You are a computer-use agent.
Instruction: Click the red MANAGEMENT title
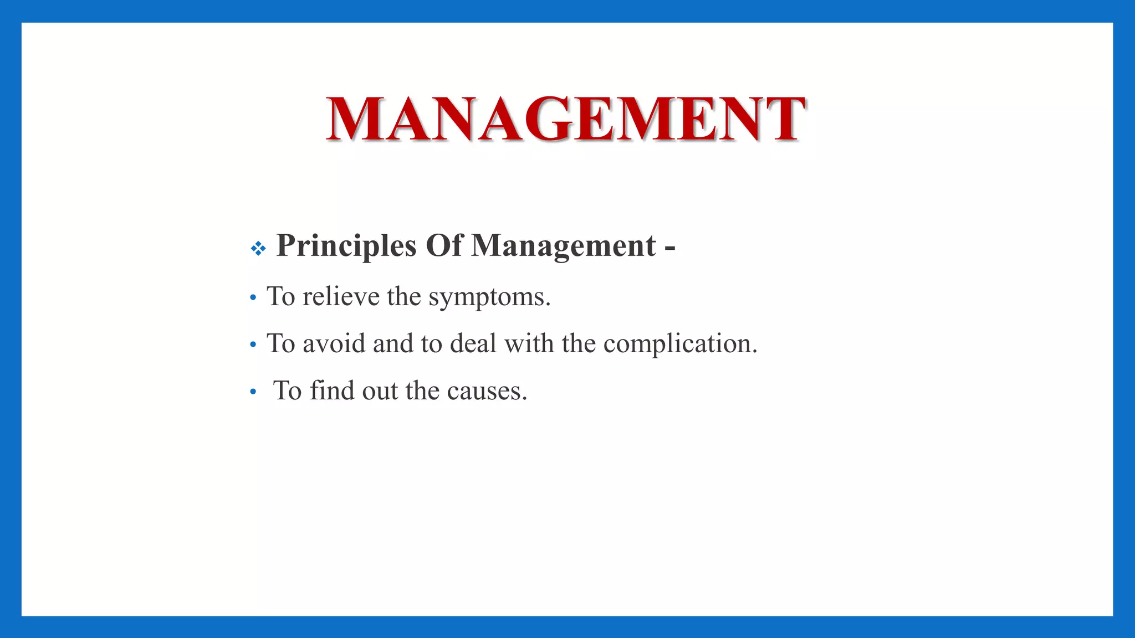565,119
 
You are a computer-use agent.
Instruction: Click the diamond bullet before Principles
258,248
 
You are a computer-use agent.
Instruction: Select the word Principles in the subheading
346,245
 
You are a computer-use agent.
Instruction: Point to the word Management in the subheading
564,245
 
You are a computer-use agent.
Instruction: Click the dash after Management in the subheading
669,246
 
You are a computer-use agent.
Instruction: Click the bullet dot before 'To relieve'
253,298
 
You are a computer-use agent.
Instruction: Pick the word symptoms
489,297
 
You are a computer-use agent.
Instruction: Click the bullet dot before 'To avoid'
253,345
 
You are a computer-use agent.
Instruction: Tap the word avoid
334,343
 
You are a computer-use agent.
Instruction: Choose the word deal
473,343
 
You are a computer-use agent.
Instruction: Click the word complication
679,344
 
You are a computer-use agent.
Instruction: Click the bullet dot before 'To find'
253,392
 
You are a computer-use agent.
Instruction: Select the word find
332,390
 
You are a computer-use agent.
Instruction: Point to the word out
380,391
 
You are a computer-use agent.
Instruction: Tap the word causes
487,391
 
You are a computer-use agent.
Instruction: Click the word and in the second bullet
393,343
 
